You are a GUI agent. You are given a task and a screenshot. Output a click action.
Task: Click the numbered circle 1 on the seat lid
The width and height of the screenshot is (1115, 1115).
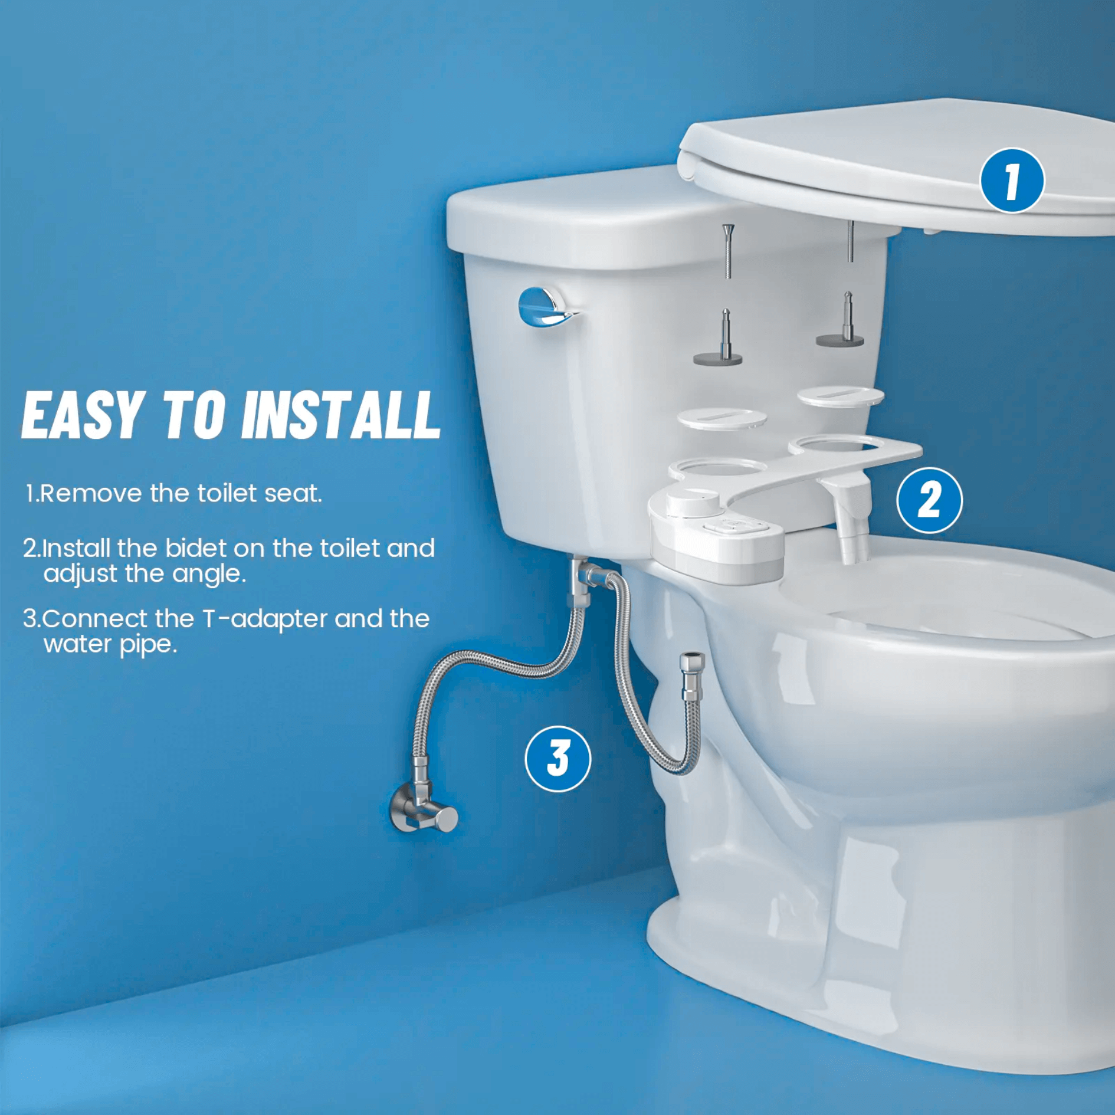coord(1012,181)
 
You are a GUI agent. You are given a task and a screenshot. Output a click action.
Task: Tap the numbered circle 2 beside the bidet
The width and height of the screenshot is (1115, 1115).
coord(929,500)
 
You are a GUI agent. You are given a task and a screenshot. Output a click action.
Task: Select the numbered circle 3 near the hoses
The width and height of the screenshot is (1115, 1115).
coord(557,759)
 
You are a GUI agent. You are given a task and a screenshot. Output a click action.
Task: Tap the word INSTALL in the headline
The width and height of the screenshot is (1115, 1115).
coord(341,415)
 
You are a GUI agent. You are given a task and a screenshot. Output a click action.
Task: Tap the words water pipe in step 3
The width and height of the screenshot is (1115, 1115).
coord(110,644)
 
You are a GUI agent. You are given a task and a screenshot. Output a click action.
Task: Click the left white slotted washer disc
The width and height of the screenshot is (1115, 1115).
coord(722,418)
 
